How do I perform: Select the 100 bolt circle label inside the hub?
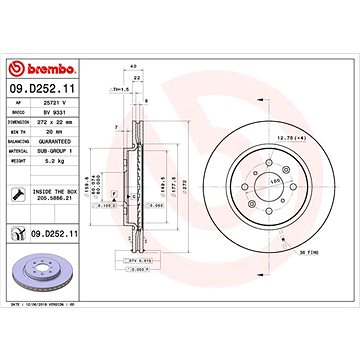click(272, 183)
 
